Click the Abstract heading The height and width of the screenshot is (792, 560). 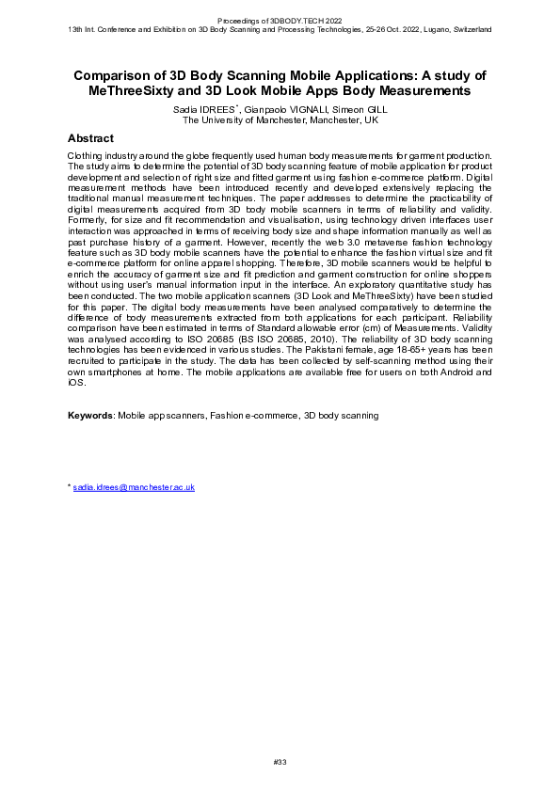click(x=91, y=138)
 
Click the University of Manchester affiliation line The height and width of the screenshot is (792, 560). click(x=280, y=120)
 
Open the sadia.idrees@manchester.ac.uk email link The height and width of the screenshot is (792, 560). click(x=134, y=487)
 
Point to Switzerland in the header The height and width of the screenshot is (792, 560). click(x=468, y=29)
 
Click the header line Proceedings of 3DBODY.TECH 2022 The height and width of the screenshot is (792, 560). click(x=280, y=20)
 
